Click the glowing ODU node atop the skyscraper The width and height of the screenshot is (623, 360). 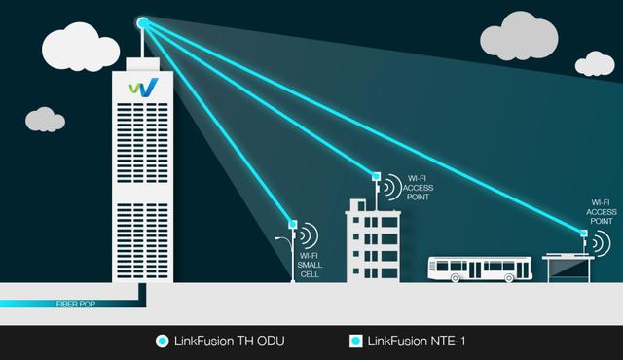142,21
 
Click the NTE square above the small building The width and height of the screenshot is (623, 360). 375,176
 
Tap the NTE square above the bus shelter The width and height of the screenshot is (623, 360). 583,233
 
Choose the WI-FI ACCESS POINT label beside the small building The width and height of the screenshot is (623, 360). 417,189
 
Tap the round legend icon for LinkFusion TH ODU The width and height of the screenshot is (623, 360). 163,342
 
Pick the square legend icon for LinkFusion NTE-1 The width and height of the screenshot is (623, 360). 355,342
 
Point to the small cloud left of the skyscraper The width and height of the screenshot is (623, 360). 44,120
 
